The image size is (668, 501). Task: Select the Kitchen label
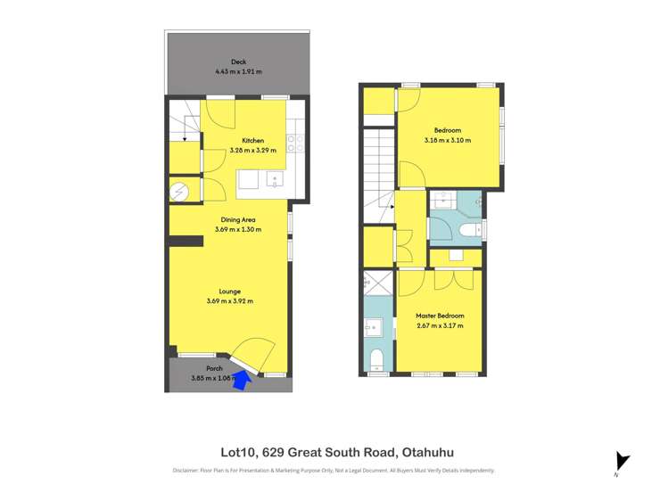pos(252,140)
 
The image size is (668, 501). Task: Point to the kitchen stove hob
pos(296,141)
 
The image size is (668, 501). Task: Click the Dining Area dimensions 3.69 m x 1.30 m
pos(239,229)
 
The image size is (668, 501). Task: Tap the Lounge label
pos(229,291)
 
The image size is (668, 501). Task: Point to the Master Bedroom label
pos(440,316)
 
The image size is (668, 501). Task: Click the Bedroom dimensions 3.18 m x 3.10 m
pos(447,140)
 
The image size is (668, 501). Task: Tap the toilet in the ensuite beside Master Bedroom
pos(375,360)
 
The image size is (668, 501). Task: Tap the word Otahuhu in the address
pos(434,452)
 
